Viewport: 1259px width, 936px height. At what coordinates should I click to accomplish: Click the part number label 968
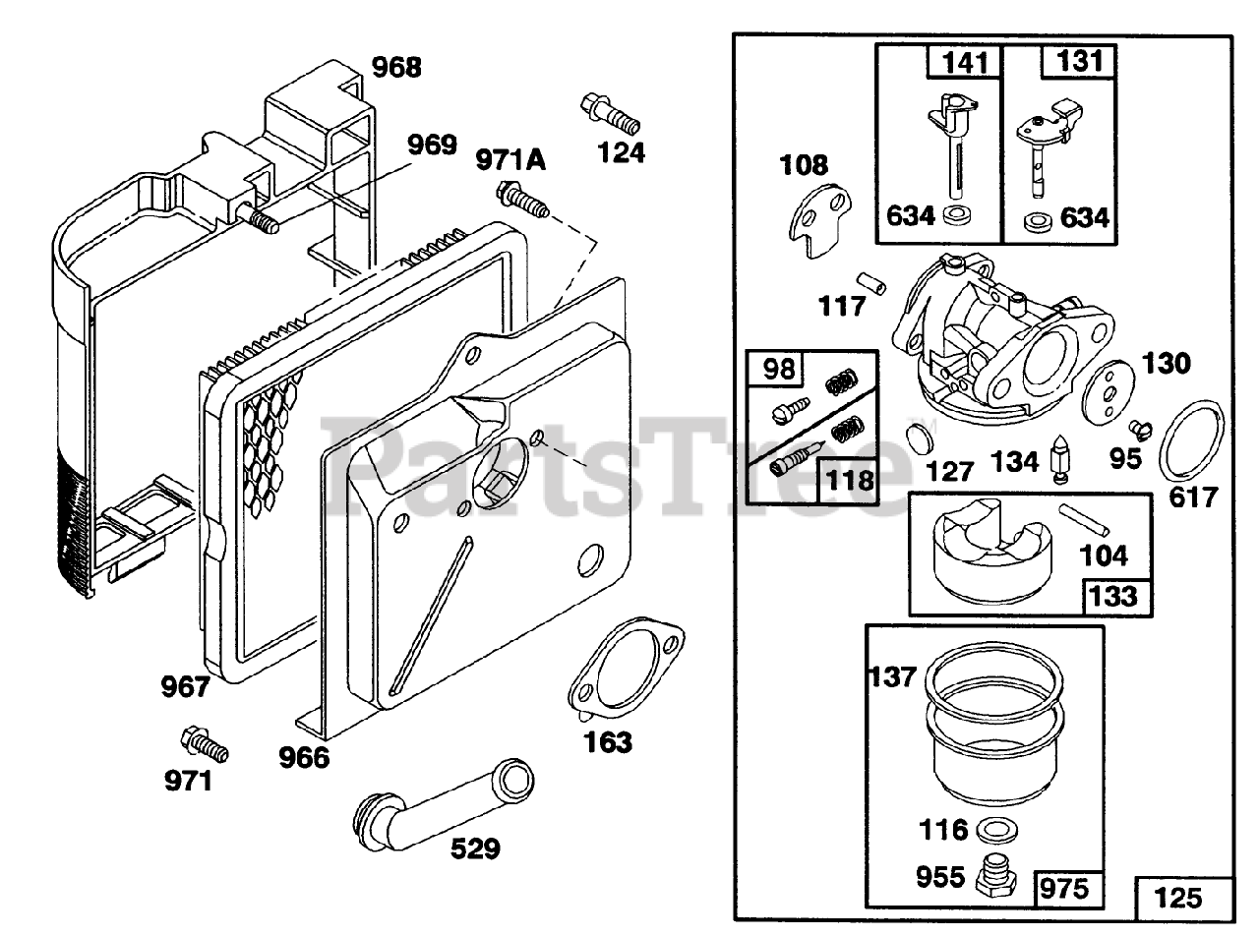click(396, 68)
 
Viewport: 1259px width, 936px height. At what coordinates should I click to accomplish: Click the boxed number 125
click(1177, 897)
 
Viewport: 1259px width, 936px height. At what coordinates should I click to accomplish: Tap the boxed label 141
click(963, 62)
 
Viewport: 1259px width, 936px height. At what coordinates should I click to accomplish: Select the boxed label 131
click(1079, 62)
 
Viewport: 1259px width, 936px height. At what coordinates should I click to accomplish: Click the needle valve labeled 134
click(1060, 458)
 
